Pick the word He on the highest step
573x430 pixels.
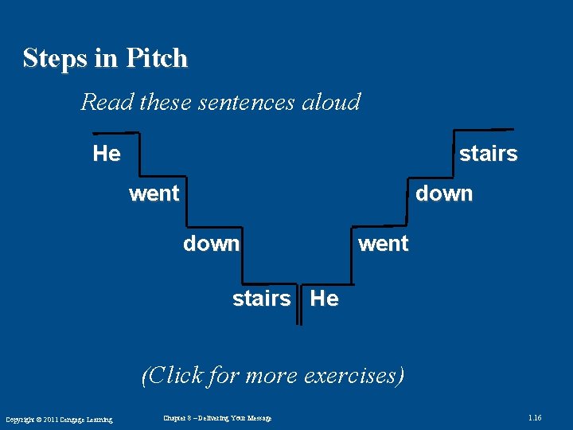click(107, 153)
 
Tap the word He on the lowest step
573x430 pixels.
click(324, 299)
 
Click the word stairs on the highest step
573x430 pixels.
click(488, 154)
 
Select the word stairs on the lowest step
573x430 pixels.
click(261, 299)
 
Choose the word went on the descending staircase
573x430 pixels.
click(154, 193)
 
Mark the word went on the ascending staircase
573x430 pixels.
click(384, 244)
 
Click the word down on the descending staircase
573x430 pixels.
click(211, 244)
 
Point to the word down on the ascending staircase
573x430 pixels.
click(444, 193)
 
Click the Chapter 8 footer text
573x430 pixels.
click(217, 418)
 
